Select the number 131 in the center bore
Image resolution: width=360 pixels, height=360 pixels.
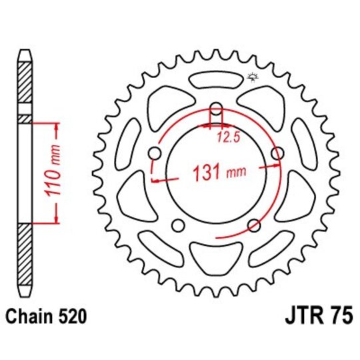(x=207, y=175)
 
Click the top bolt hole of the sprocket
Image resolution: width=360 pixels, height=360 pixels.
(x=217, y=109)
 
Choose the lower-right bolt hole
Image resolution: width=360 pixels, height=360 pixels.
(x=254, y=225)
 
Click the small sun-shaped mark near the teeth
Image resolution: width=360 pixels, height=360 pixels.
(x=252, y=78)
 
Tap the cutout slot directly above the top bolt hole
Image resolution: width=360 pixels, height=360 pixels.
(x=217, y=81)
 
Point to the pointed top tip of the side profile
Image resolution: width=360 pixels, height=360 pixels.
(x=25, y=52)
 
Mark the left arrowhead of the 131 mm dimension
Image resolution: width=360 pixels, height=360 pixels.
(x=155, y=179)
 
